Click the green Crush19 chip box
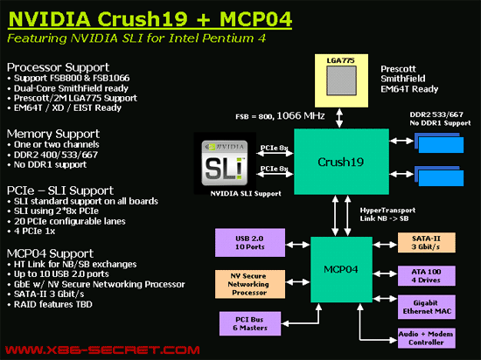(341, 162)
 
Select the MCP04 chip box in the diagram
(341, 269)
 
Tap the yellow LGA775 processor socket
(341, 80)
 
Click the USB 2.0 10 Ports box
(250, 243)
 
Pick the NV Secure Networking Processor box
(250, 284)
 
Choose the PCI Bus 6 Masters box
(250, 323)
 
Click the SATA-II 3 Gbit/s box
(427, 243)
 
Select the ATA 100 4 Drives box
(427, 276)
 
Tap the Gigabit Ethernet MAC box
(427, 307)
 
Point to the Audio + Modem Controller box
(427, 338)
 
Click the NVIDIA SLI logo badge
(225, 163)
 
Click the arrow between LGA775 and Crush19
(339, 118)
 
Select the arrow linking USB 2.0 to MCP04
(297, 245)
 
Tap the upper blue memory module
(439, 142)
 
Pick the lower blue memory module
(439, 177)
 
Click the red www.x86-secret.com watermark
(102, 350)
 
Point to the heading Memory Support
(53, 134)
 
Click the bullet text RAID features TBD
(53, 304)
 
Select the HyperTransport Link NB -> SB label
(387, 214)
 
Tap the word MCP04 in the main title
(255, 19)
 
